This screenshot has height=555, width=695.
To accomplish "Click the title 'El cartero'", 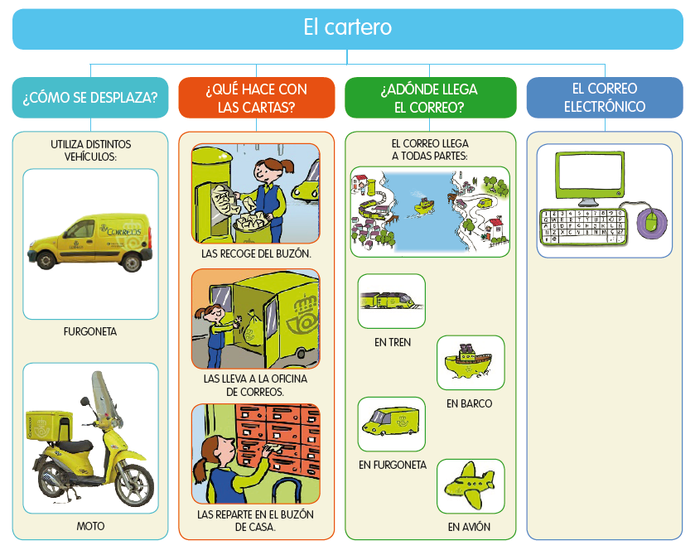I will point(347,28).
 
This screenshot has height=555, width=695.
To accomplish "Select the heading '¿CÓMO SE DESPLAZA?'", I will point(90,98).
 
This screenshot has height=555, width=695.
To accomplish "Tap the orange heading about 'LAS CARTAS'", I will point(256,98).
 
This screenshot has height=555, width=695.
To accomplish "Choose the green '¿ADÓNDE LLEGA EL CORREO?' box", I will point(429,98).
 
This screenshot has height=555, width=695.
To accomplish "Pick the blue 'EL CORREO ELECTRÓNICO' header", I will point(605,97).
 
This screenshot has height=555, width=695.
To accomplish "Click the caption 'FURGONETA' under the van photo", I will point(90,331).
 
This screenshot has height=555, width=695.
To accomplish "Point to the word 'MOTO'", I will point(90,526).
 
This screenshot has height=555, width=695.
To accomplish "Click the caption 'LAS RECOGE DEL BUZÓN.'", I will point(256,253).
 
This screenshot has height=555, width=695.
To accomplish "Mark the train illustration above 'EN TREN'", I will point(391,301).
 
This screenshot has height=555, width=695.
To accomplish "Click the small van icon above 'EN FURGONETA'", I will point(391,422).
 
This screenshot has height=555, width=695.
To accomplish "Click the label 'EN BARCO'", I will point(469,403).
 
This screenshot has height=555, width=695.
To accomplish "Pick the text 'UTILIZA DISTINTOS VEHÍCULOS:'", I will point(90,150).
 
